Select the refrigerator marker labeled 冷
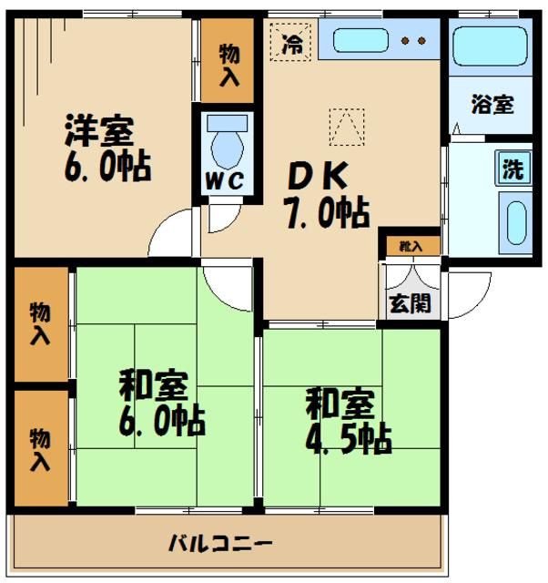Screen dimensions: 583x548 pyautogui.click(x=291, y=41)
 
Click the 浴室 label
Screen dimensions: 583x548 pyautogui.click(x=492, y=104)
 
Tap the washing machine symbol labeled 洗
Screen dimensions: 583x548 pyautogui.click(x=513, y=169)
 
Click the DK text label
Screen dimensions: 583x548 pyautogui.click(x=313, y=173)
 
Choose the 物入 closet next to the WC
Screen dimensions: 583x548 pyautogui.click(x=228, y=62)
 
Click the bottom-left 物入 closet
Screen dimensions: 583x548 pyautogui.click(x=40, y=448)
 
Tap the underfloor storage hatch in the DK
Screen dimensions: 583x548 pyautogui.click(x=347, y=126)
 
